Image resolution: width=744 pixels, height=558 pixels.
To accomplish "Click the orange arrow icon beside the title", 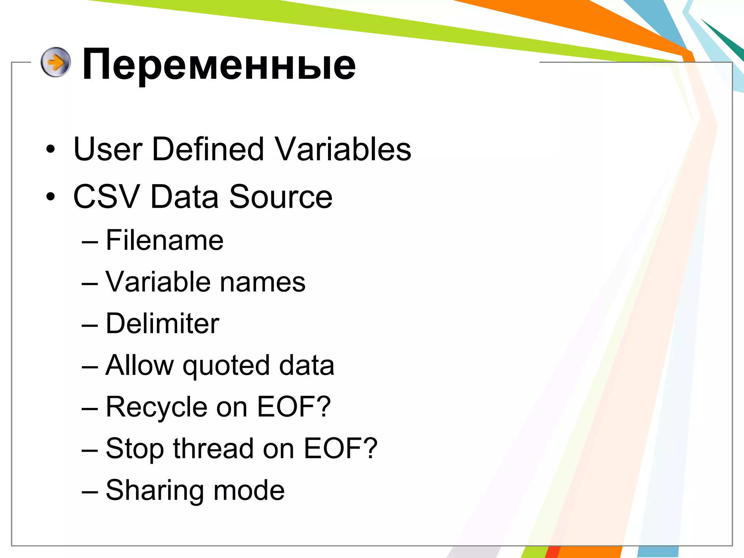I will coord(56,62).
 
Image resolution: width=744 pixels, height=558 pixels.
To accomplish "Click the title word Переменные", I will coord(219,65).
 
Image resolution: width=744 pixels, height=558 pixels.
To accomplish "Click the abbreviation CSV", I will coord(106,197).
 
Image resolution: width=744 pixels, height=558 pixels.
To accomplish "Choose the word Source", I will coord(280,197).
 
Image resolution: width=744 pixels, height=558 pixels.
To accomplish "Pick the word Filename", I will coord(164,240).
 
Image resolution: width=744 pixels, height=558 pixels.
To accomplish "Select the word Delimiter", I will coord(162,323).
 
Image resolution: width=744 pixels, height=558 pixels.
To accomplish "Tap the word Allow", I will coord(139,365).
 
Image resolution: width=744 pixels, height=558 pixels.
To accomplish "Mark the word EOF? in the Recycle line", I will coord(294,407).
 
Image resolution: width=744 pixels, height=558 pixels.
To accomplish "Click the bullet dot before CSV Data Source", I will coord(50,197).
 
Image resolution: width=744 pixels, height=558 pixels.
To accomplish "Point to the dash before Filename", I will coord(90,241).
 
